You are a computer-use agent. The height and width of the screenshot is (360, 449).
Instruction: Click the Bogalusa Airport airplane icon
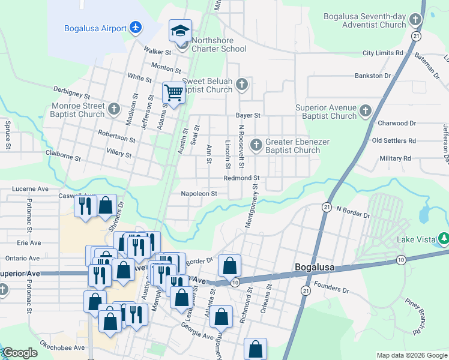(x=136, y=28)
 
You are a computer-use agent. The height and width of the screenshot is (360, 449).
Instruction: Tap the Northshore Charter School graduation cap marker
(x=179, y=31)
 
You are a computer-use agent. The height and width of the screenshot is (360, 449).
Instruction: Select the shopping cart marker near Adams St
(x=173, y=93)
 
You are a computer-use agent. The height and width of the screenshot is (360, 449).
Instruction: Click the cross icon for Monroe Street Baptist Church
(x=114, y=109)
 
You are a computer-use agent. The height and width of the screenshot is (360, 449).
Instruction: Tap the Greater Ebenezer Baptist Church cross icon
(x=256, y=145)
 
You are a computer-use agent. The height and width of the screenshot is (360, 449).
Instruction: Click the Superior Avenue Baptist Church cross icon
(x=365, y=110)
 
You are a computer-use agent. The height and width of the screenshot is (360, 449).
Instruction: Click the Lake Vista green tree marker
(x=444, y=239)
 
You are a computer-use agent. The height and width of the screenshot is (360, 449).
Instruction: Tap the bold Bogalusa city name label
(x=315, y=267)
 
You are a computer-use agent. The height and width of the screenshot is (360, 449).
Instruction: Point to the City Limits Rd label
(x=382, y=53)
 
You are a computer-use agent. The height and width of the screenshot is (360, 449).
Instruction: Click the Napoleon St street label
(x=199, y=194)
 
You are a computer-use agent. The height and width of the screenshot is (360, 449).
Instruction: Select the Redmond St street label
(x=241, y=178)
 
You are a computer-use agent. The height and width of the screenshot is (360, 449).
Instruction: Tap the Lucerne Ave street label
(x=31, y=188)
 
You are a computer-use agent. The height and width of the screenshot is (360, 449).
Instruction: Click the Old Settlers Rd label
(x=394, y=140)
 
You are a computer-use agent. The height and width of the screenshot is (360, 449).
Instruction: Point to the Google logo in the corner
(x=20, y=353)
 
